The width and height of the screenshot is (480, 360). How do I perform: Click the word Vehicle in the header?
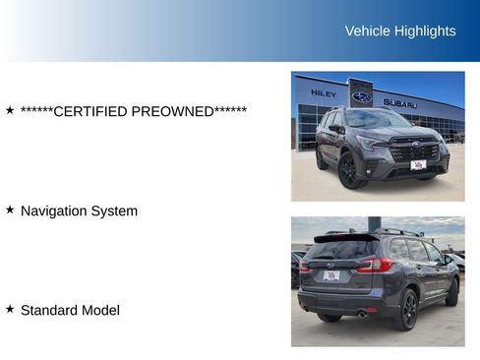coord(367,30)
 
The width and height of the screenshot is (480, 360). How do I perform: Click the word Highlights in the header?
coord(425,30)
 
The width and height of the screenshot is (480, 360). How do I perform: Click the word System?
coord(115,210)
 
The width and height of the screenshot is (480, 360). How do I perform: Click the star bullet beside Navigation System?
coord(10,210)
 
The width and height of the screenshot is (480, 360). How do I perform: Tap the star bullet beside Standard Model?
coord(10,309)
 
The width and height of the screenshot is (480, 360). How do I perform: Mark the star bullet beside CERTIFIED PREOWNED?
coord(10,110)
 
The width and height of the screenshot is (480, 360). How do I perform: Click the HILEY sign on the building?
coord(324,93)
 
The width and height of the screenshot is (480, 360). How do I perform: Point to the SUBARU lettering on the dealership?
coord(399,102)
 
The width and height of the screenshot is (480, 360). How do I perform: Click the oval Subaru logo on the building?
coord(362,96)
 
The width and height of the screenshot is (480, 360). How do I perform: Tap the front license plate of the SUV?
coord(418,164)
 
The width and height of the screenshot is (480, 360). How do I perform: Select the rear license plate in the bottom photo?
coord(331,276)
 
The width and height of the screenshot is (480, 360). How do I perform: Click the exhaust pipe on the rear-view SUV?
coord(362,314)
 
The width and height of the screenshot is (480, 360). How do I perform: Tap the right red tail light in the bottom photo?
coord(375,265)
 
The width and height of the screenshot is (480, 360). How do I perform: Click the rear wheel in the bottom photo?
coord(405,309)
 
